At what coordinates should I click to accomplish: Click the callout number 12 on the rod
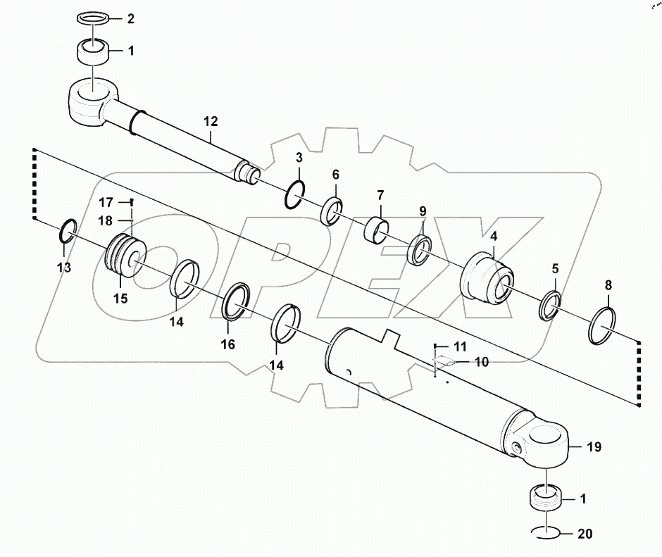(x=211, y=122)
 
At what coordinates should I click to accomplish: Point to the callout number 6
(x=335, y=174)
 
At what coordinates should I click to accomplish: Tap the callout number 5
(x=555, y=268)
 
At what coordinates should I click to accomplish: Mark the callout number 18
(x=105, y=220)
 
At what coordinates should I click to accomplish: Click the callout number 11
(x=459, y=346)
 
